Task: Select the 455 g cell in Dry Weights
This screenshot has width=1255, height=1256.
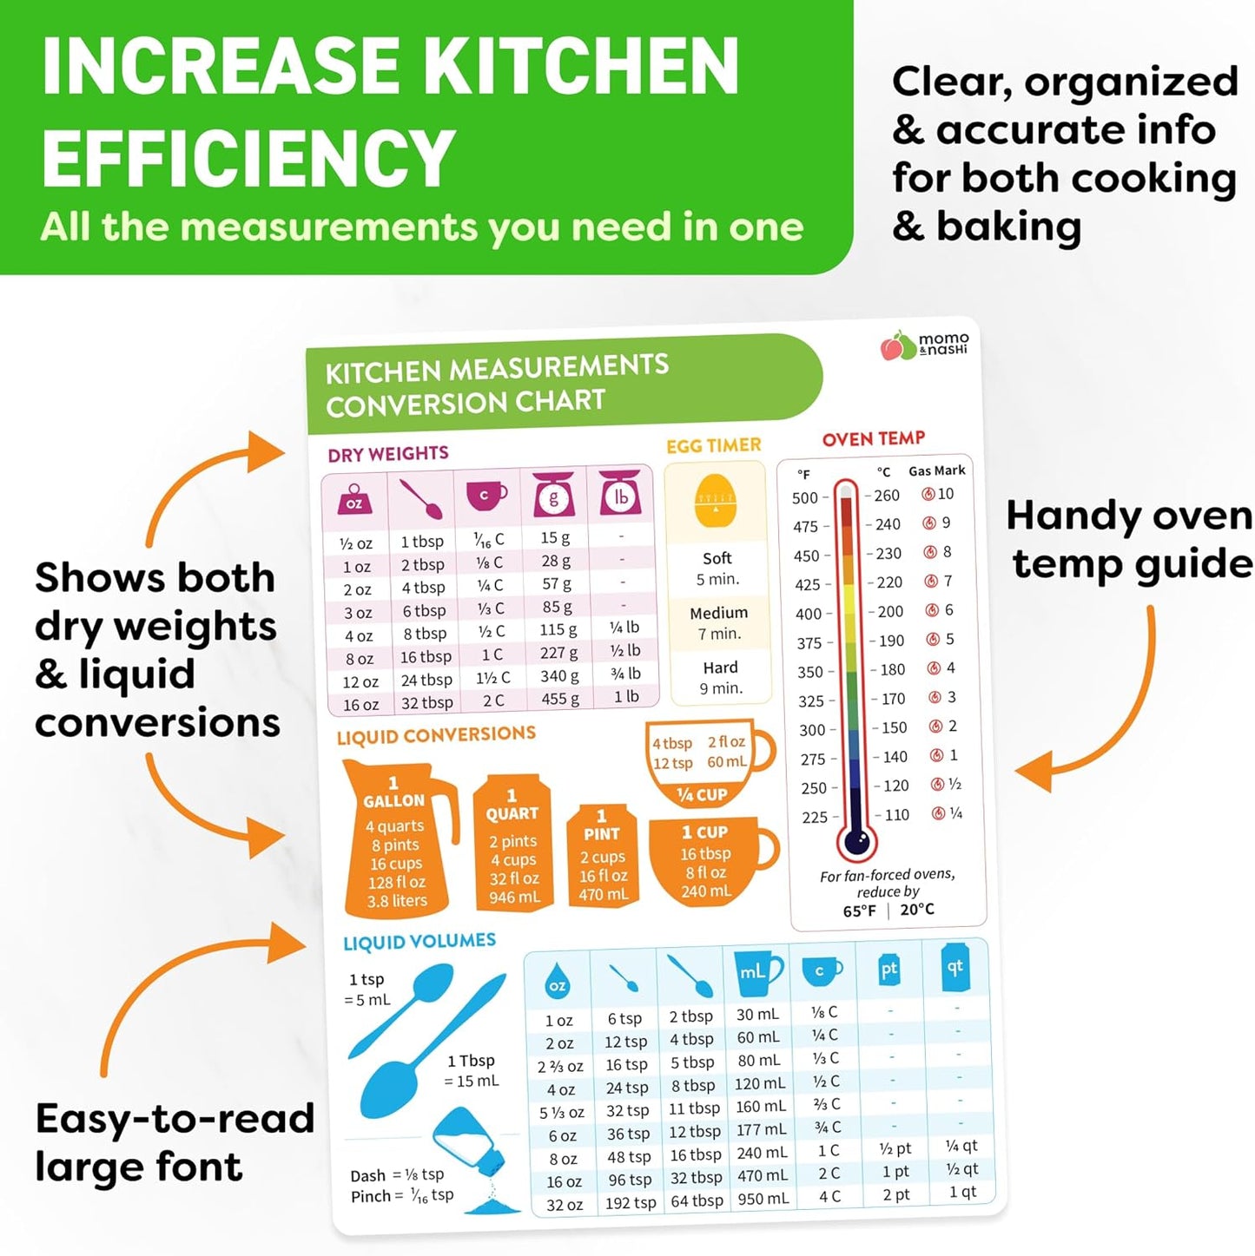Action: point(554,699)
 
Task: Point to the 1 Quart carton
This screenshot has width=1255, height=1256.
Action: point(512,845)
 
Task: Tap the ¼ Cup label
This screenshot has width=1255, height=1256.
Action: point(702,794)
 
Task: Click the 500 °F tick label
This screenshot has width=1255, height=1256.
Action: point(805,497)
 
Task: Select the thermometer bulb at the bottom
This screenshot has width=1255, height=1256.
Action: point(856,839)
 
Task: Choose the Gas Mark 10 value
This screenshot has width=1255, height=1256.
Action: point(945,494)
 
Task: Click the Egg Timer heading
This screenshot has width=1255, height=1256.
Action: point(713,445)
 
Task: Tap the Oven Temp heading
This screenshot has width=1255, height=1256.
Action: point(873,438)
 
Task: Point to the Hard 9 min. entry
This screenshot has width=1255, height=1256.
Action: point(721,678)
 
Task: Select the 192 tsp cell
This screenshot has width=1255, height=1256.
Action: point(631,1203)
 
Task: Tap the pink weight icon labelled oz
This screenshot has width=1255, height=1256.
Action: point(354,499)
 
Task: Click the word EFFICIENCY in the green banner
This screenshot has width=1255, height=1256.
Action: point(248,158)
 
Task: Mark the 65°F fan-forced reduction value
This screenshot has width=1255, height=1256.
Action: point(859,911)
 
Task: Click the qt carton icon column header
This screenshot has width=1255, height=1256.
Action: point(955,967)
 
